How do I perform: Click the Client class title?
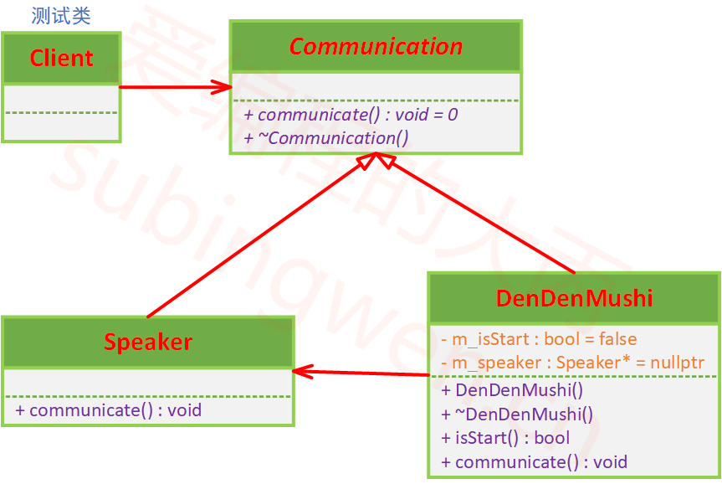pyautogui.click(x=61, y=58)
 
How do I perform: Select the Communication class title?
pyautogui.click(x=376, y=46)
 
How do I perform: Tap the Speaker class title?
pyautogui.click(x=148, y=342)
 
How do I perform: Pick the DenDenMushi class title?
pyautogui.click(x=574, y=298)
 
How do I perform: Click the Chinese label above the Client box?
pyautogui.click(x=61, y=16)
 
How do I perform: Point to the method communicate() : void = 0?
pyautogui.click(x=351, y=115)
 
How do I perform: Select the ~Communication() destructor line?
pyautogui.click(x=326, y=137)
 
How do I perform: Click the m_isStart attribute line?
pyautogui.click(x=538, y=339)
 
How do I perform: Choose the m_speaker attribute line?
pyautogui.click(x=572, y=363)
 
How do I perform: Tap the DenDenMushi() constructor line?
pyautogui.click(x=512, y=390)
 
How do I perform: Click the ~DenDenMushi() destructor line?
pyautogui.click(x=516, y=414)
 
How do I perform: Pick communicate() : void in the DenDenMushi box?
pyautogui.click(x=534, y=461)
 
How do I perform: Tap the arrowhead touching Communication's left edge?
pyautogui.click(x=223, y=86)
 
